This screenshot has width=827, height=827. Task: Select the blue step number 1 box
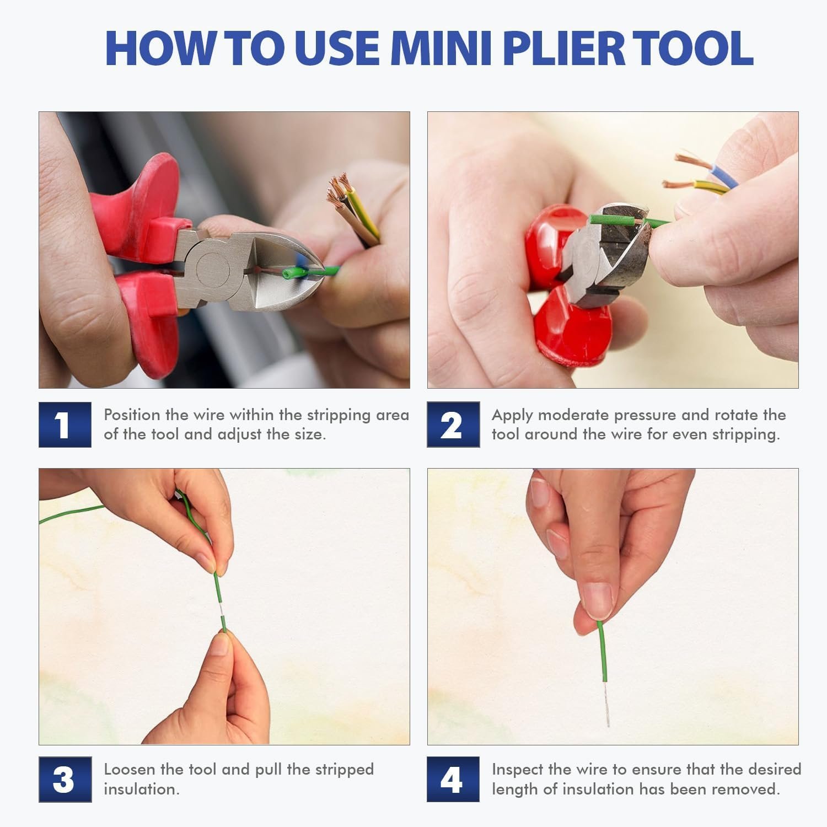[x=65, y=425]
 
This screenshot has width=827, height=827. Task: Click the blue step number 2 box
[x=453, y=425]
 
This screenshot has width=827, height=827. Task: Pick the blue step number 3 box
[x=65, y=779]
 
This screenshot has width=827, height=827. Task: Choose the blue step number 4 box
[x=453, y=779]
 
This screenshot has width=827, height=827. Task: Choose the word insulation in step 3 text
[x=141, y=789]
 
